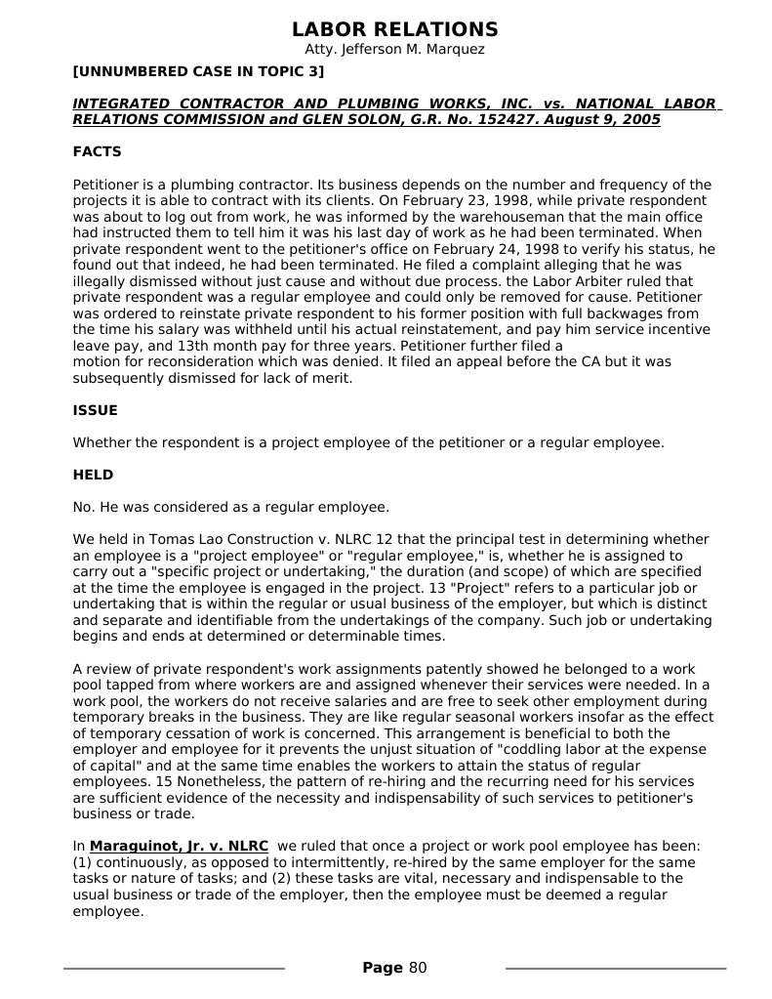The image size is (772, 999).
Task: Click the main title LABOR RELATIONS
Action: pos(394,29)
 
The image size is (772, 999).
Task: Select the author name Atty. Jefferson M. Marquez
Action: pos(394,50)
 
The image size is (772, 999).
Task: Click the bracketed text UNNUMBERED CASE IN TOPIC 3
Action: pos(198,71)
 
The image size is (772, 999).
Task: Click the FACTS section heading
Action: pos(97,152)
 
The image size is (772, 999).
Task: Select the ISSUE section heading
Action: pos(95,411)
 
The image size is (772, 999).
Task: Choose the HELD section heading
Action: pos(93,476)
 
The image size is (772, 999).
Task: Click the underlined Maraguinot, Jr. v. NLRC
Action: pos(179,847)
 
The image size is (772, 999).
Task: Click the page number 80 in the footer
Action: pos(418,969)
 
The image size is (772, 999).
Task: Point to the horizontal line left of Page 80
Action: pos(174,969)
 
